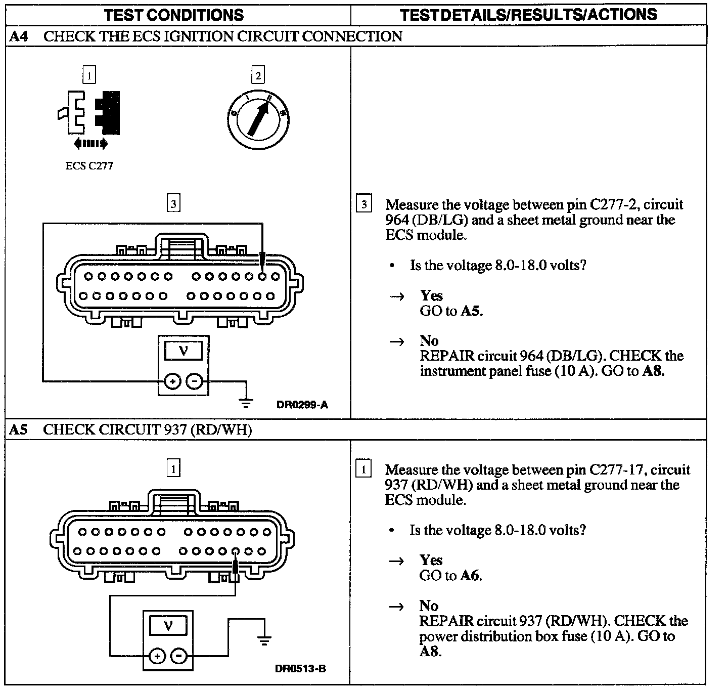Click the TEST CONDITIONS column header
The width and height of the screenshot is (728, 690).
(174, 15)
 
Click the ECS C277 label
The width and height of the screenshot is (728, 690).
(89, 165)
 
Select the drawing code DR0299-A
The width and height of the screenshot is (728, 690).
(302, 405)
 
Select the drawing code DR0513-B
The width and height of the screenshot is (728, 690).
(301, 669)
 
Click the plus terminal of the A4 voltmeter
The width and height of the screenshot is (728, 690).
(172, 381)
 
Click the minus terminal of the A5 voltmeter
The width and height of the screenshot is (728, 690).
(178, 656)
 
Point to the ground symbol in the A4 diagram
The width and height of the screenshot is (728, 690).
(246, 403)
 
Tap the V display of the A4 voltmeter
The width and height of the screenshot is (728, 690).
(184, 351)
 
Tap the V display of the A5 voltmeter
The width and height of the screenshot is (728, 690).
(168, 626)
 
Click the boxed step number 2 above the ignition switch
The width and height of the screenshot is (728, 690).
(258, 76)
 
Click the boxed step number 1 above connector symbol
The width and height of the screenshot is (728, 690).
(89, 76)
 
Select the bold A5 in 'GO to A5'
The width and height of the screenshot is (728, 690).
(470, 311)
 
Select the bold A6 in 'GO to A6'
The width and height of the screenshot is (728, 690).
(470, 575)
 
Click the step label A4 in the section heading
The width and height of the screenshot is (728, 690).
(18, 36)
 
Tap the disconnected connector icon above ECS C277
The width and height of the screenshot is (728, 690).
(89, 114)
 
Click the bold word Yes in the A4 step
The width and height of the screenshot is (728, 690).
(431, 295)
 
